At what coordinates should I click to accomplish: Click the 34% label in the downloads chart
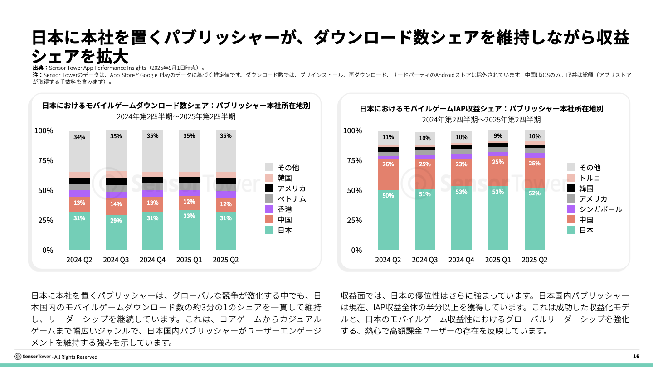click(79, 137)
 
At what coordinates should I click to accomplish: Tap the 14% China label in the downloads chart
click(116, 204)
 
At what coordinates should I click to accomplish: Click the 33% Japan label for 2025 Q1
click(189, 216)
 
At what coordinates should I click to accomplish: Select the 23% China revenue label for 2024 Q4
click(461, 164)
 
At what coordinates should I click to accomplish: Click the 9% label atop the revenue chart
click(498, 135)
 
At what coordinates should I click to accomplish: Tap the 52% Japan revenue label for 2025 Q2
click(535, 193)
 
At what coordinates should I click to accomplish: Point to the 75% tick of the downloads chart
click(44, 160)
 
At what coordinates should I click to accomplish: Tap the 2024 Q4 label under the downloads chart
click(152, 260)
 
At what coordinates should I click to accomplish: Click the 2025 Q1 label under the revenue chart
click(498, 260)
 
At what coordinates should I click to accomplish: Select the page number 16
click(636, 357)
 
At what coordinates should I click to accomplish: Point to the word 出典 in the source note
click(38, 68)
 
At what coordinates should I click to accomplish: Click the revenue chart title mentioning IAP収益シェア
click(481, 109)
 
